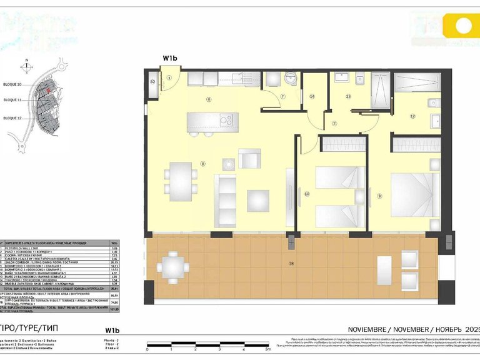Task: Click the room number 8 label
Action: pos(202,164)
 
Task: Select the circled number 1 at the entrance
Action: pos(169,78)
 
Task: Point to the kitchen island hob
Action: pos(226,119)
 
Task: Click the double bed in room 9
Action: pos(411,194)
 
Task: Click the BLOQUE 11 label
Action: pos(12,100)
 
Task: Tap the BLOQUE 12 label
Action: pos(12,117)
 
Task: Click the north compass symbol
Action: pos(27,64)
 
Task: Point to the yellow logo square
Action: pos(463,26)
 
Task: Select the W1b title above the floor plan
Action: pos(171,58)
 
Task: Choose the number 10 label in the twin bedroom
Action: pos(306,194)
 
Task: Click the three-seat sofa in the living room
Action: pos(224,199)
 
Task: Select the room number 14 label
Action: pos(312,96)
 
